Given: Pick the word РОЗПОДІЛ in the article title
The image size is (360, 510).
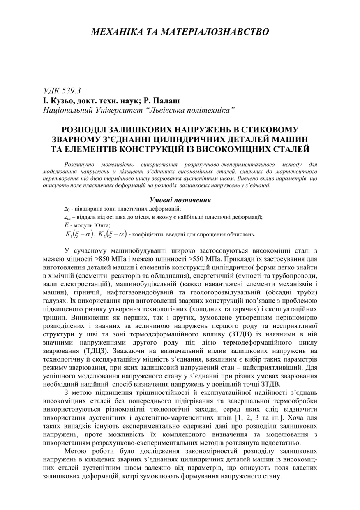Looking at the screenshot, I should [x=87, y=130].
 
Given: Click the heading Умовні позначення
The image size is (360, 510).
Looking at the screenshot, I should [x=180, y=200].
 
